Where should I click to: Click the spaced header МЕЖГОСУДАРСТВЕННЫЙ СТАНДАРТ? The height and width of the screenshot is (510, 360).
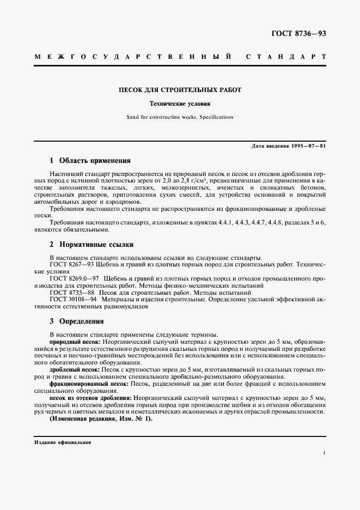point(180,57)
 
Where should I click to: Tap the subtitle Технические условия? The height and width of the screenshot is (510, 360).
point(180,104)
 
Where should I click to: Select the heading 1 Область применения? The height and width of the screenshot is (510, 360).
point(90,161)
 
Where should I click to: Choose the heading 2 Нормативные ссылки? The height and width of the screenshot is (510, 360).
point(91,245)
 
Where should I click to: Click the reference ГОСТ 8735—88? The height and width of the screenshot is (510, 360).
point(71,293)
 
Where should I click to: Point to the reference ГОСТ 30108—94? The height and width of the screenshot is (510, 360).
point(73,299)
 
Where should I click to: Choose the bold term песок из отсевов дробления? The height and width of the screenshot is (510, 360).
point(90,398)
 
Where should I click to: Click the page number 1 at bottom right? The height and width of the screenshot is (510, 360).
point(324,453)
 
